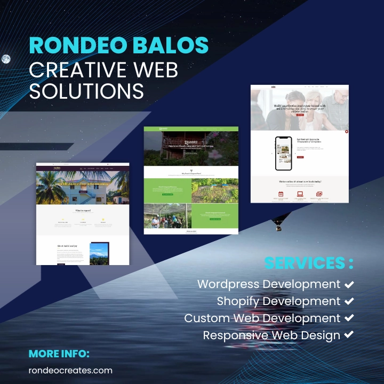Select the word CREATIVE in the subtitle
(x=75, y=69)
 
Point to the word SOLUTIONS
(x=86, y=91)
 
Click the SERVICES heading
(x=305, y=263)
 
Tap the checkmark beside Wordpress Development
(x=349, y=284)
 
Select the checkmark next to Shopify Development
(x=349, y=301)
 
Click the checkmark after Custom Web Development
(x=349, y=318)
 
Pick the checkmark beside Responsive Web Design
(x=349, y=335)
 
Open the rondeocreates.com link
(x=70, y=370)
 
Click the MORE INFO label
(x=59, y=354)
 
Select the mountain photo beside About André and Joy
(x=99, y=253)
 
